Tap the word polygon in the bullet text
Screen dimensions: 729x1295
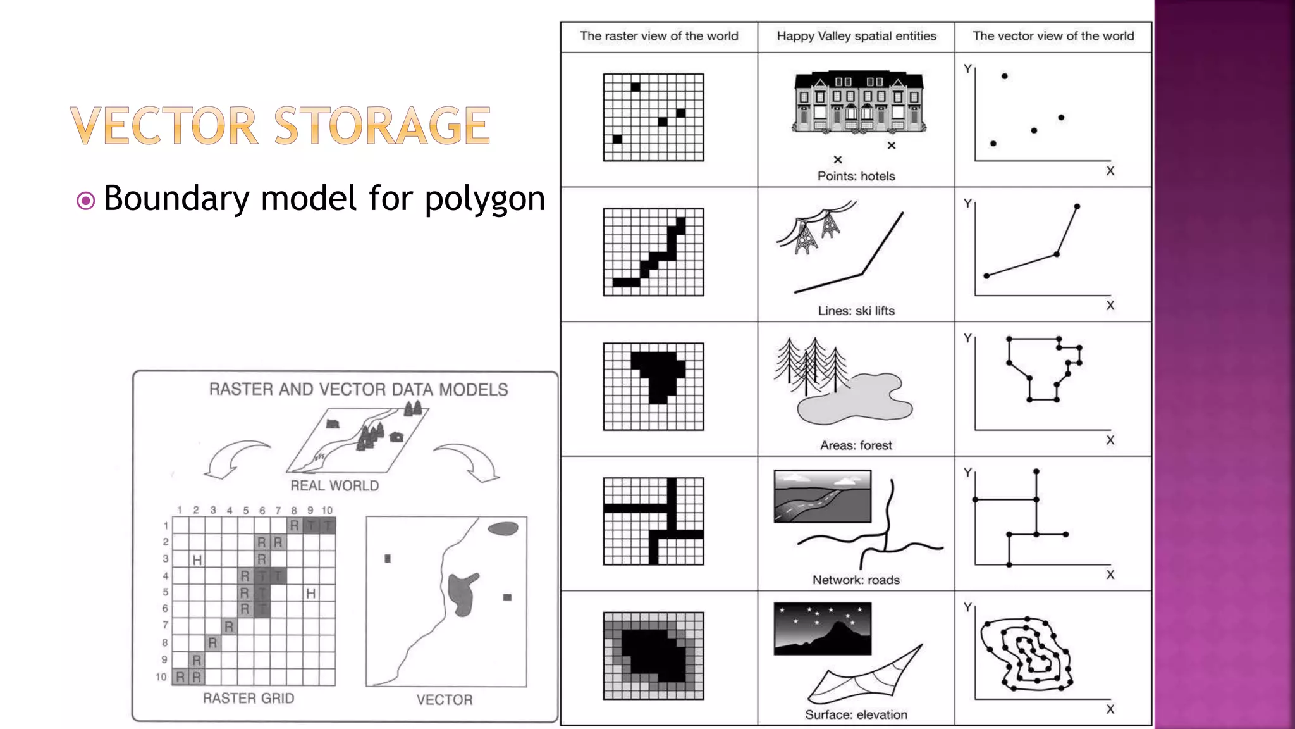[484, 199]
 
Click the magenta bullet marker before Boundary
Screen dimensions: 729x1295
[85, 201]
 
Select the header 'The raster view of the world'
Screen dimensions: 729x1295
[659, 36]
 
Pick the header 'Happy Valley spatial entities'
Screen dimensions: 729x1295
[856, 36]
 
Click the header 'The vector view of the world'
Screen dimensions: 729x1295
[1053, 36]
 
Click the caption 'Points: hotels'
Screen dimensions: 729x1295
[856, 176]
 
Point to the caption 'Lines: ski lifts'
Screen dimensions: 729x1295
[856, 311]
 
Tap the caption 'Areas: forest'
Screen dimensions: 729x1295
[856, 445]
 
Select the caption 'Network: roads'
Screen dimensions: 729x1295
[856, 580]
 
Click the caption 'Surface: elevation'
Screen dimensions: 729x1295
[856, 714]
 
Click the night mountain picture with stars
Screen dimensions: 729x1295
[822, 628]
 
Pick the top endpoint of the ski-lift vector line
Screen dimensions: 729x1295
[1077, 206]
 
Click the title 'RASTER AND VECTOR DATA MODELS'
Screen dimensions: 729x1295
[359, 389]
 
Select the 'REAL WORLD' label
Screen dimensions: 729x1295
[334, 485]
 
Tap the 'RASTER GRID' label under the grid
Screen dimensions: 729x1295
[249, 698]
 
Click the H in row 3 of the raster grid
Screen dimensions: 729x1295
[197, 560]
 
